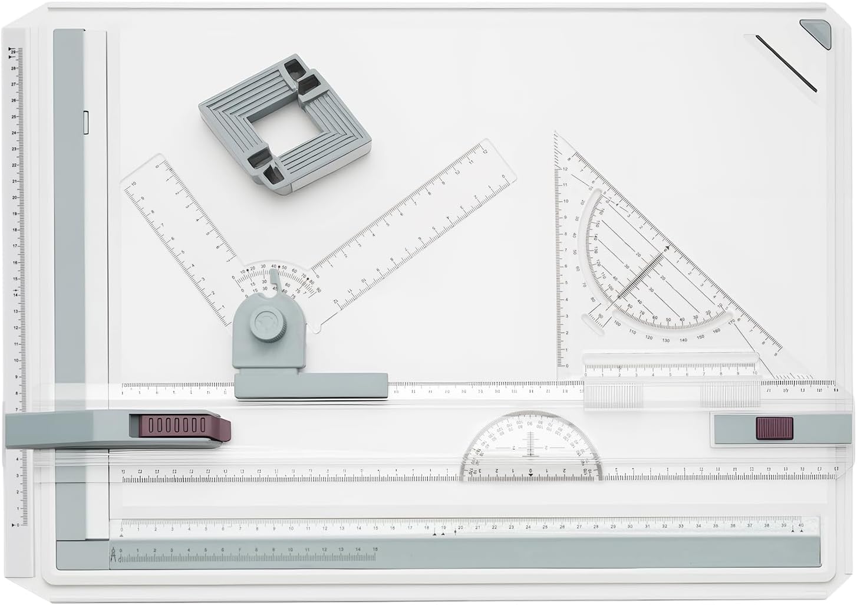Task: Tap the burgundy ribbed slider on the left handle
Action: click(175, 425)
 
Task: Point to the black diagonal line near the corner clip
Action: click(786, 64)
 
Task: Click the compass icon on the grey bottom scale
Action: click(113, 557)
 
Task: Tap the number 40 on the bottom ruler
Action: click(800, 525)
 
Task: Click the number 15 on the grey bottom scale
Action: click(375, 550)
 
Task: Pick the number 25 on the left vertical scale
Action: click(14, 116)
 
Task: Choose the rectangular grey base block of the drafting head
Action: click(311, 385)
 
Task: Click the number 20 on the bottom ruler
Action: click(460, 527)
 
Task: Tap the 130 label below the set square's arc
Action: click(665, 340)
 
